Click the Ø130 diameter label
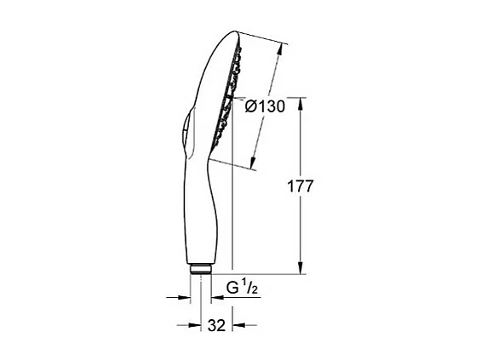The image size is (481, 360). coord(265,106)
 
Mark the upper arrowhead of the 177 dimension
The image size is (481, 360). coord(301,101)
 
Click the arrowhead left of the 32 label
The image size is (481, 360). coord(186,324)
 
